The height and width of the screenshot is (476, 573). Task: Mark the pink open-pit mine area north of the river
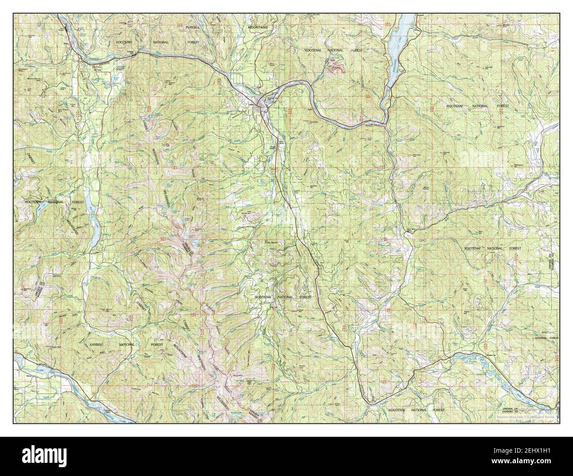(337, 68)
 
